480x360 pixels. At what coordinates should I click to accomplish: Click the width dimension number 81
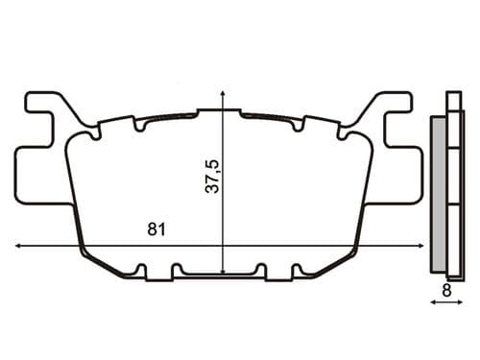point(155,230)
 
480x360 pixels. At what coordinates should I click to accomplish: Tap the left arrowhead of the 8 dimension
point(433,301)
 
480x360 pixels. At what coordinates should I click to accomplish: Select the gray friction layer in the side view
point(438,192)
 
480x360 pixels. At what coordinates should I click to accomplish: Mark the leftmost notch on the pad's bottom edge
point(142,269)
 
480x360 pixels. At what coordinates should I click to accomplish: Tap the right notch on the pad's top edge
point(303,125)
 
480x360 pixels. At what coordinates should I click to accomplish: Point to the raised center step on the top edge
point(223,111)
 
